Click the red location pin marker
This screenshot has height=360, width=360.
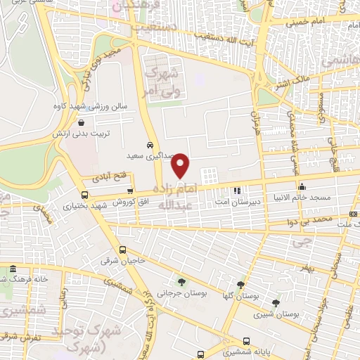click(x=181, y=165)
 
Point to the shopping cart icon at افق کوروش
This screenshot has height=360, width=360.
click(x=129, y=190)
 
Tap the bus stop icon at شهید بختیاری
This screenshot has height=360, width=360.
click(x=85, y=195)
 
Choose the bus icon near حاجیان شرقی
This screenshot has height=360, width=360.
click(x=124, y=249)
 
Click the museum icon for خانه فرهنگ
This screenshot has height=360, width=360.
click(x=13, y=269)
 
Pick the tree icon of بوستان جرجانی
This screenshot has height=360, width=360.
click(x=183, y=283)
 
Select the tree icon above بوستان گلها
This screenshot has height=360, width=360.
click(x=241, y=284)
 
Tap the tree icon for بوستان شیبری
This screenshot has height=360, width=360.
click(x=275, y=302)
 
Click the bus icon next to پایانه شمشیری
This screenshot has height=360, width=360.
click(x=201, y=354)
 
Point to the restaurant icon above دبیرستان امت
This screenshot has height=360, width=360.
click(x=237, y=190)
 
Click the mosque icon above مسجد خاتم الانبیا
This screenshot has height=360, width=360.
click(x=302, y=186)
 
